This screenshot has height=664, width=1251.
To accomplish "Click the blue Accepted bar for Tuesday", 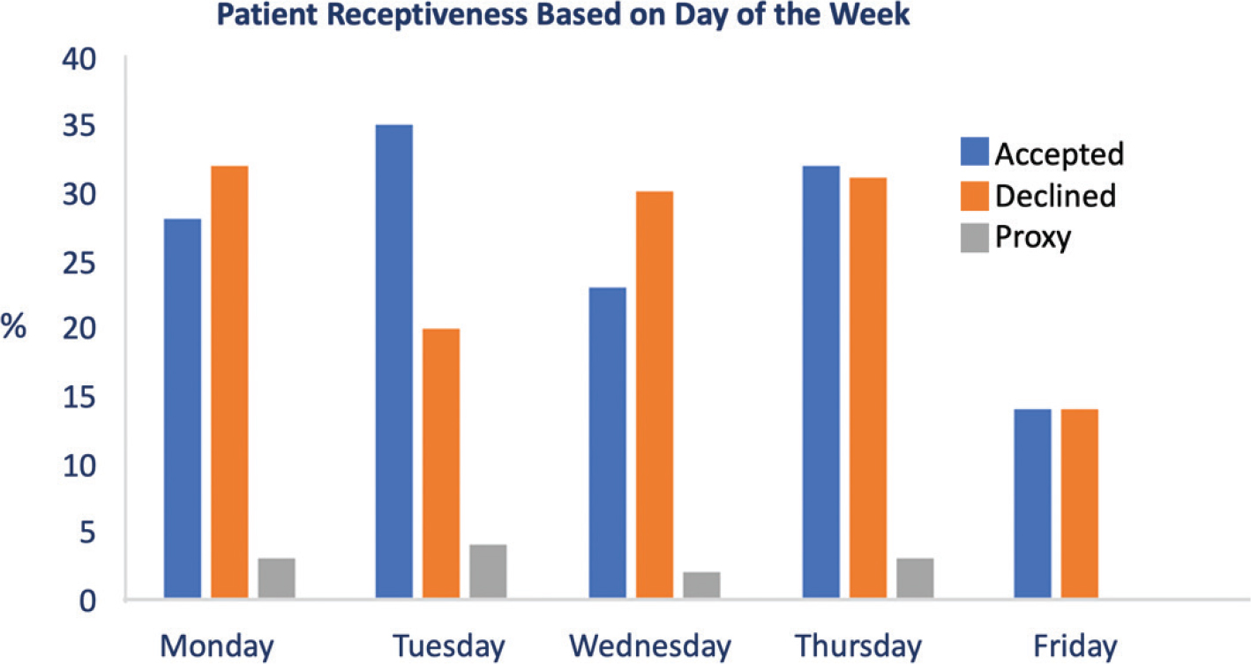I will tap(393, 362).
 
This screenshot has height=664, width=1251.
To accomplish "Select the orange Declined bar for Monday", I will tap(229, 383).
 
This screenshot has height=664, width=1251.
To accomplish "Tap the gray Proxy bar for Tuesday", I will tap(488, 572).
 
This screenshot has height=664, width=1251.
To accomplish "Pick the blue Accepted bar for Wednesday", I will tap(607, 444).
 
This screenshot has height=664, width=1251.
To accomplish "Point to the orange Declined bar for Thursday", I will tap(868, 389).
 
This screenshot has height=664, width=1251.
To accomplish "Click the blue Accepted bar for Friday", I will tap(1032, 504).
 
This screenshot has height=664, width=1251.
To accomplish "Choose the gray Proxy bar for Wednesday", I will tap(701, 586).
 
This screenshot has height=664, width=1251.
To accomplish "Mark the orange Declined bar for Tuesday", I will tap(440, 464).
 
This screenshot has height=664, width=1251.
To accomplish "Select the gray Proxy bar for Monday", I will tap(276, 578).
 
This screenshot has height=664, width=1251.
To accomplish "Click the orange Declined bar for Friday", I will tap(1080, 504).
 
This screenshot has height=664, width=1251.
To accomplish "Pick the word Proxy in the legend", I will tap(1032, 237).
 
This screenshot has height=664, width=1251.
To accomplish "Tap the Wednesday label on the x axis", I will tap(650, 646).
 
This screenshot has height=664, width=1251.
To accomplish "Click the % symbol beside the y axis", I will tap(13, 326).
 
